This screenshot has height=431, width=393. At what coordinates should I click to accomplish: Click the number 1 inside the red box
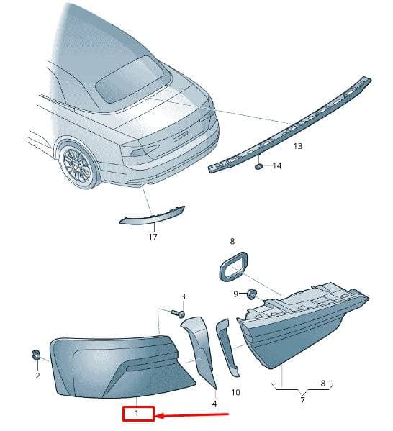pos(137,413)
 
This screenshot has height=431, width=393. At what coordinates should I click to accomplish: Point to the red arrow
pos(192,414)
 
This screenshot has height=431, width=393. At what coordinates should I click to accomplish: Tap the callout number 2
pos(37,375)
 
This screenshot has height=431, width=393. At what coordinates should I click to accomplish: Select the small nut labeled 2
pos(35,355)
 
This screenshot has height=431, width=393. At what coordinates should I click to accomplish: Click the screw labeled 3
pos(178,313)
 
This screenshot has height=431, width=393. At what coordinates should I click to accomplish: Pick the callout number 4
pos(214,404)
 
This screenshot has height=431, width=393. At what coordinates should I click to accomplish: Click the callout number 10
pos(235,392)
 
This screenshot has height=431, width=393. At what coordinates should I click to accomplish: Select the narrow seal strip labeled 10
pos(227,347)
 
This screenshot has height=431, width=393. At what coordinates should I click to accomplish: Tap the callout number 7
pos(302,400)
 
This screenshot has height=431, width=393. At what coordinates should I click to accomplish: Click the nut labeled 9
pos(251,294)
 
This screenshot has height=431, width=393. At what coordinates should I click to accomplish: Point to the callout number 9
pos(235,294)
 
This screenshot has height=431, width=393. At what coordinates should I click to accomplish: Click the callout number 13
pos(298,146)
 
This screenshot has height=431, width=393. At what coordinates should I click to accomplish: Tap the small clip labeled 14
pos(258,166)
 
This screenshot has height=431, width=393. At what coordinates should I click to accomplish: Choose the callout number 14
pos(277,165)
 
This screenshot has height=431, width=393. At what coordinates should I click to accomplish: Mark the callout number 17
pos(153,236)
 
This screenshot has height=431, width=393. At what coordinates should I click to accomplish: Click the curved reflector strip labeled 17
pos(152,217)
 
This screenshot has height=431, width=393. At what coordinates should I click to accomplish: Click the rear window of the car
pos(130,79)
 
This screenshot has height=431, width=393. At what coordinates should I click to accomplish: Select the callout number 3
pos(183,296)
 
